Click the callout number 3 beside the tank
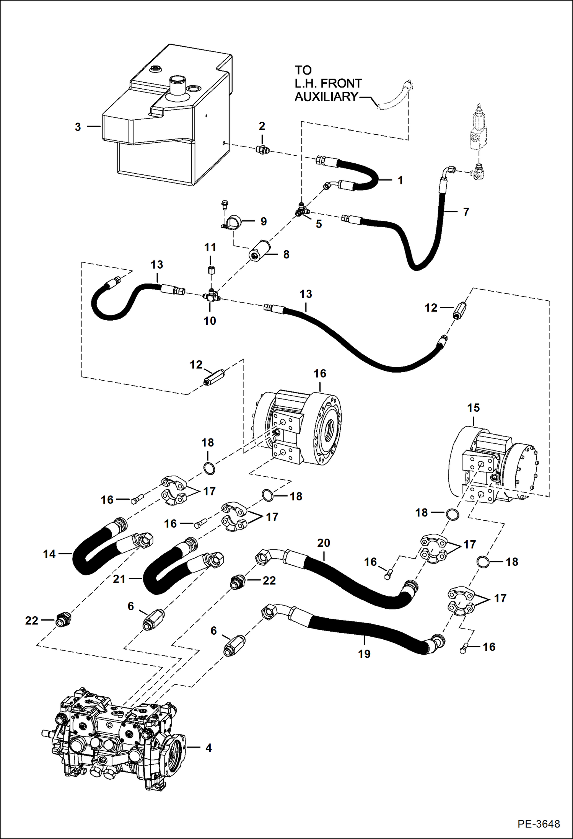pyautogui.click(x=78, y=127)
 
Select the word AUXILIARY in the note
pyautogui.click(x=326, y=97)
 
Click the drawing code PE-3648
pyautogui.click(x=539, y=824)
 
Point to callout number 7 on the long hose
pyautogui.click(x=466, y=212)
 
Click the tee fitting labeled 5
pyautogui.click(x=301, y=210)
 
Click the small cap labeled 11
pyautogui.click(x=211, y=270)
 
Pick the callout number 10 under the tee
pyautogui.click(x=210, y=321)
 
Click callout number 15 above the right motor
pyautogui.click(x=473, y=408)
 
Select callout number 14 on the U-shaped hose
pyautogui.click(x=49, y=554)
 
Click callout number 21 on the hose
pyautogui.click(x=119, y=579)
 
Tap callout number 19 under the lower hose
pyautogui.click(x=364, y=654)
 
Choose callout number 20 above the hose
pyautogui.click(x=324, y=543)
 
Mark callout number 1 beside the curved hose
pyautogui.click(x=400, y=180)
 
